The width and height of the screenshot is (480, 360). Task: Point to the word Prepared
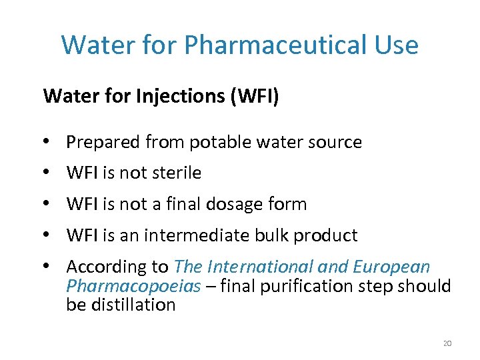(103, 142)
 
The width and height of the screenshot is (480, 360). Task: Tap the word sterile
(176, 173)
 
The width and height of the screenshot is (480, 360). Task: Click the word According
(103, 267)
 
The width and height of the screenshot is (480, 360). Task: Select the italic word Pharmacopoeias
(133, 286)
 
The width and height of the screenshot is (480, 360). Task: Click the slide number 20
(447, 343)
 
